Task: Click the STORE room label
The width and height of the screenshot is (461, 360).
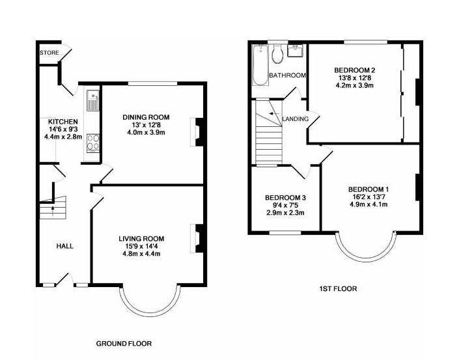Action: pyautogui.click(x=49, y=53)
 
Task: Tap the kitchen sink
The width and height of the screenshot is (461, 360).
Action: pyautogui.click(x=92, y=100)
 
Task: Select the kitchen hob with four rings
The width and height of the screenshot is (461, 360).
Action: pyautogui.click(x=93, y=143)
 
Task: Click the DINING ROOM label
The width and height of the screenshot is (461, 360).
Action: pyautogui.click(x=146, y=117)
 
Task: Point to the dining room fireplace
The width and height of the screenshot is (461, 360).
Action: pyautogui.click(x=197, y=132)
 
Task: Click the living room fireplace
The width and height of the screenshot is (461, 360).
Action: pyautogui.click(x=197, y=238)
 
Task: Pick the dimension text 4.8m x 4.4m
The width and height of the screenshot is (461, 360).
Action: pyautogui.click(x=141, y=254)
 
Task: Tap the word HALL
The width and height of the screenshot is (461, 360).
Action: pyautogui.click(x=64, y=246)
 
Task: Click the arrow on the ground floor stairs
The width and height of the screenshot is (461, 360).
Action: pyautogui.click(x=53, y=211)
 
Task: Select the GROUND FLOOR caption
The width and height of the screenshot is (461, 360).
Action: pyautogui.click(x=124, y=343)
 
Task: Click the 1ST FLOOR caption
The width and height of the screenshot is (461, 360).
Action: pyautogui.click(x=338, y=289)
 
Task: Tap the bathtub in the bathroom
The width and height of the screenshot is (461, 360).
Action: pyautogui.click(x=260, y=65)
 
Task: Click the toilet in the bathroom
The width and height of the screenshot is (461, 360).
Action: pyautogui.click(x=277, y=54)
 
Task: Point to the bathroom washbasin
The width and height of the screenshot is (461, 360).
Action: pyautogui.click(x=296, y=51)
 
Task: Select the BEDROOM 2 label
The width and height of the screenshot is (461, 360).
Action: pyautogui.click(x=355, y=70)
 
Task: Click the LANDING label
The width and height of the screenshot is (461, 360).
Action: pyautogui.click(x=295, y=119)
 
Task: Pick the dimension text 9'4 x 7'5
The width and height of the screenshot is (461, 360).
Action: pyautogui.click(x=285, y=205)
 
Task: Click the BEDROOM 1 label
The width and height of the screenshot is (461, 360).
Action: pyautogui.click(x=369, y=189)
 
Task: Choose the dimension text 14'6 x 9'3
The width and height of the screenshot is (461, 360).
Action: pyautogui.click(x=63, y=129)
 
